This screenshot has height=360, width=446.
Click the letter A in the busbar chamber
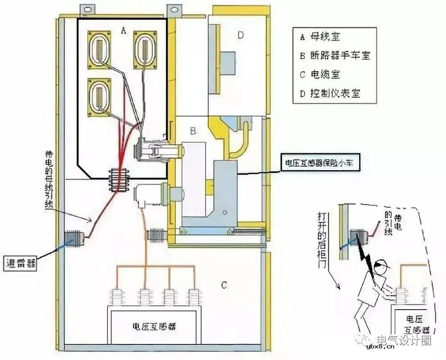[124, 30]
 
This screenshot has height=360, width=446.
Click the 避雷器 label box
[21, 262]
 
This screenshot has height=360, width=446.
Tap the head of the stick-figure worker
[380, 267]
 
